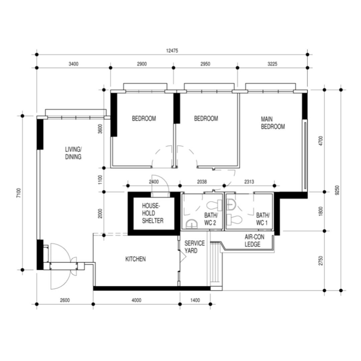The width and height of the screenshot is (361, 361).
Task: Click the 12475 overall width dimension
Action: pos(172,51)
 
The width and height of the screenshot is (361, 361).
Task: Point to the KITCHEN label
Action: pos(135,259)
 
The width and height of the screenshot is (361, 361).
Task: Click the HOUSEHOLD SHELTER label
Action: pos(152,213)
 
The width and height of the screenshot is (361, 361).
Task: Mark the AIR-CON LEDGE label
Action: pos(253,241)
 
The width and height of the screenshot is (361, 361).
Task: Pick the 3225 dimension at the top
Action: pos(272,64)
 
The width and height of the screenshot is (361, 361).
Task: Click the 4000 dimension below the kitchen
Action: pos(136,300)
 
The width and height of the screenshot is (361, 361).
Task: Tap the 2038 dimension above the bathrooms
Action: pos(202,182)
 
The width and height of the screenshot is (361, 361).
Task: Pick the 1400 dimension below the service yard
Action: pos(195,300)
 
